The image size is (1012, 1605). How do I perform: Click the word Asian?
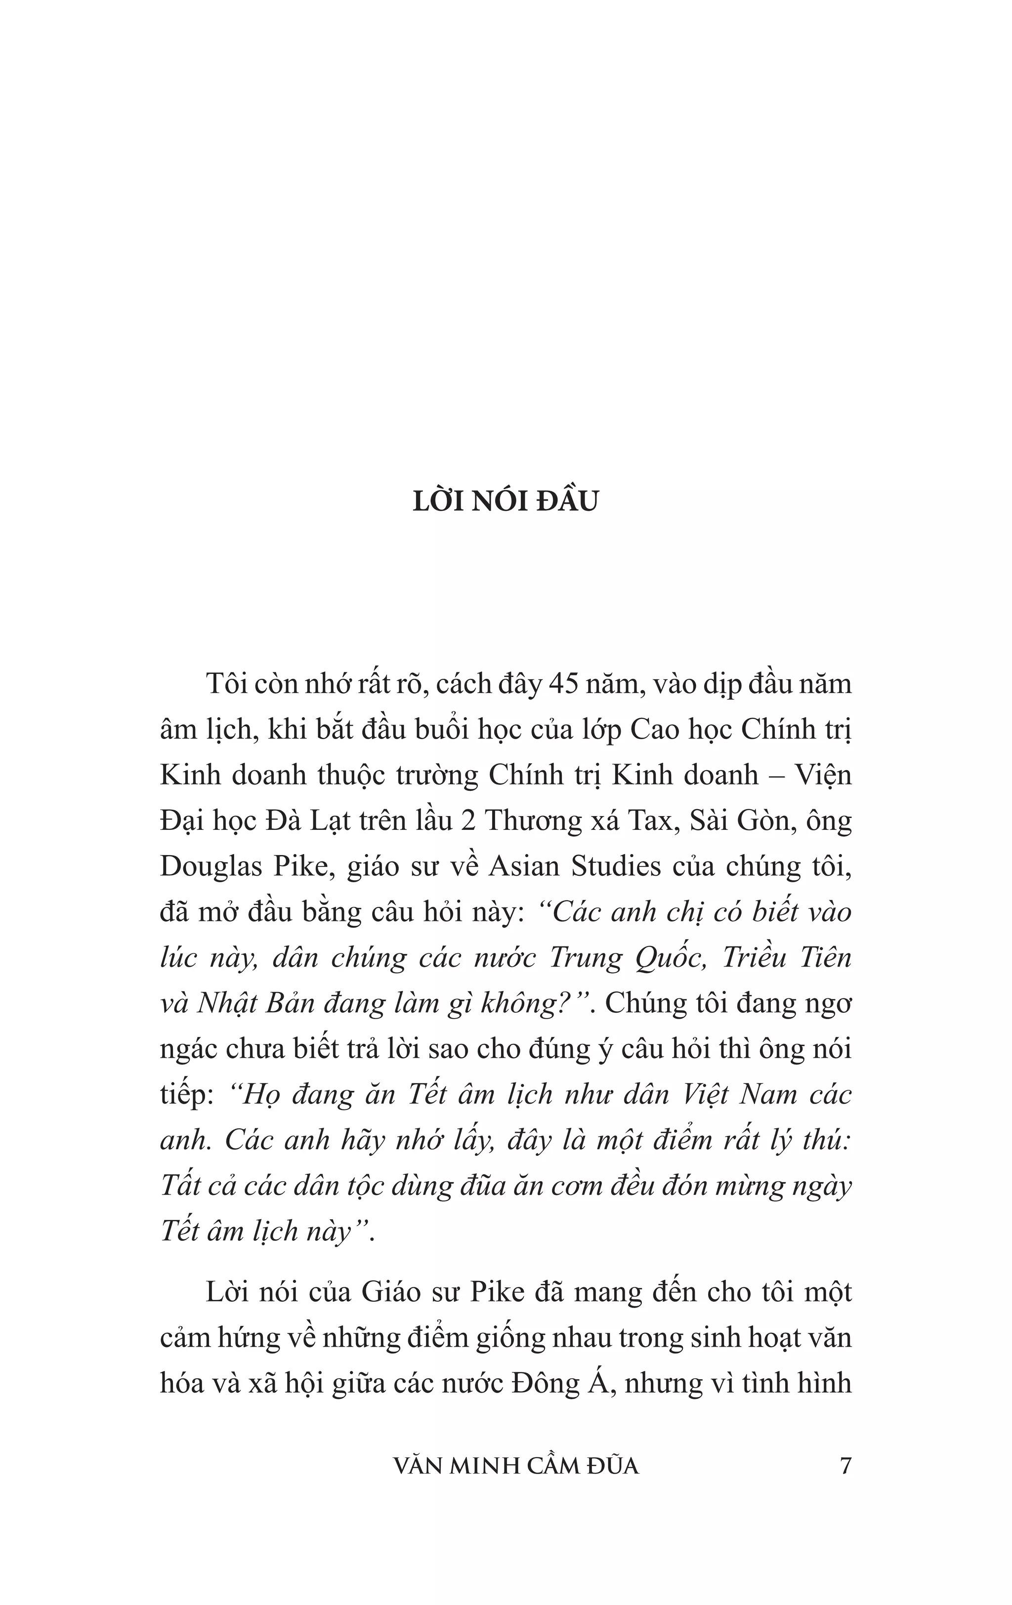pos(529,866)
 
